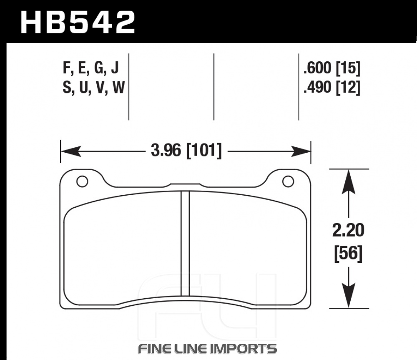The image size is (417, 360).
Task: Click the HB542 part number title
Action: point(78,22)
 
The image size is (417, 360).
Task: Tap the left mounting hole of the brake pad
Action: point(82,181)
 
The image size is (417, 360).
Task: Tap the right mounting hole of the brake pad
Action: point(288,181)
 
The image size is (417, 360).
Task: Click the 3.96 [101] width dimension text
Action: point(186,151)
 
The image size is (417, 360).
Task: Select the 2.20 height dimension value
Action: point(348,230)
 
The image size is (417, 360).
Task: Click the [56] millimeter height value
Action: point(348,254)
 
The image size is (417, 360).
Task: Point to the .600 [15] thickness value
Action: point(332,68)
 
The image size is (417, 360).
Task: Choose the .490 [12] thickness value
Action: point(332,87)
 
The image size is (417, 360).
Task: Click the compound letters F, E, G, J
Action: point(90,68)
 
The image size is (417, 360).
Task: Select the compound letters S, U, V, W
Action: point(93,87)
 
